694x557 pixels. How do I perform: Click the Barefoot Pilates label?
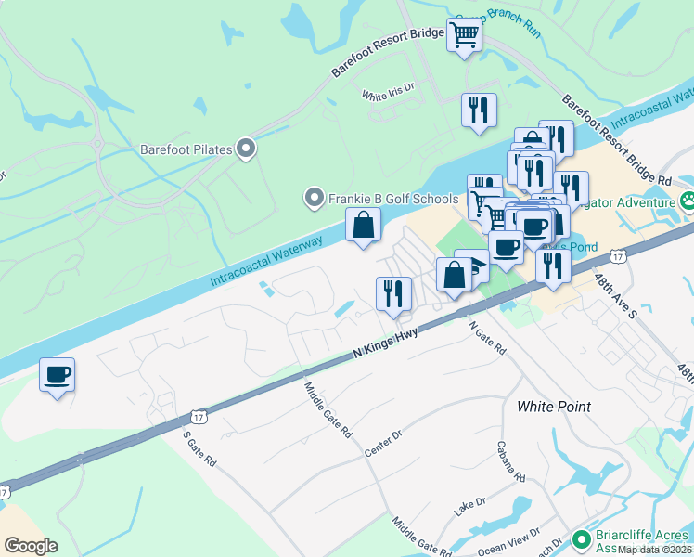tap(185, 148)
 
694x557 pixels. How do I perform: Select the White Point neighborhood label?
tap(553, 407)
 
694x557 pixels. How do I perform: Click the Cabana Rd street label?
tap(511, 461)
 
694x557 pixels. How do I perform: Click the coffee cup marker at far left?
tap(58, 374)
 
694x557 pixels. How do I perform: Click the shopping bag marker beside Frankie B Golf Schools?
tap(363, 224)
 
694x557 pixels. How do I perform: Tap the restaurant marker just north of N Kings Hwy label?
tap(393, 292)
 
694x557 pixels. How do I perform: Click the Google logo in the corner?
tap(31, 546)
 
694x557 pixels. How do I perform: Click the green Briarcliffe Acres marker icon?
tap(582, 539)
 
